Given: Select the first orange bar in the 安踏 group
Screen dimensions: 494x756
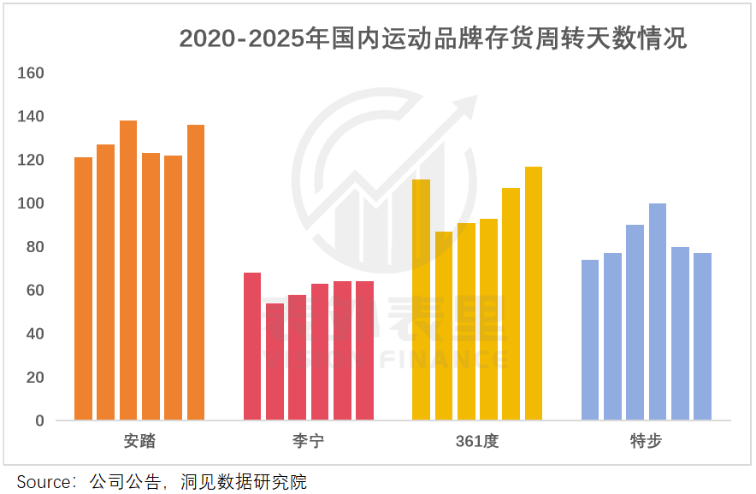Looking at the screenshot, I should [x=83, y=289].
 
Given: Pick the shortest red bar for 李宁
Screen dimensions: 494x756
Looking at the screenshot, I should [x=275, y=362].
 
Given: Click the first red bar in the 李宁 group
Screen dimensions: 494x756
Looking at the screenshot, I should [x=252, y=346].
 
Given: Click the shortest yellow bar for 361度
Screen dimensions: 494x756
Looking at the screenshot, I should [x=444, y=326].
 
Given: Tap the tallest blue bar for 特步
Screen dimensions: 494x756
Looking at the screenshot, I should [x=658, y=312].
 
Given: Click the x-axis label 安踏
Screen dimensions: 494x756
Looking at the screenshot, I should [x=139, y=442].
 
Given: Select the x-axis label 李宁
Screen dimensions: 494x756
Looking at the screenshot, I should [x=308, y=442].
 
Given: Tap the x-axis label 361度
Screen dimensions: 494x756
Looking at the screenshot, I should [x=476, y=442].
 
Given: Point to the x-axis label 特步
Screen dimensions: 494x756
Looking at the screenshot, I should [x=646, y=442].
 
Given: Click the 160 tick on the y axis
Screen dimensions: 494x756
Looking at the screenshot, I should [x=31, y=74].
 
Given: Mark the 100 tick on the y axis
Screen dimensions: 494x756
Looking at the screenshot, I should [x=31, y=203].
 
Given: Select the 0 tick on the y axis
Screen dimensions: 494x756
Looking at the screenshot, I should [x=39, y=420].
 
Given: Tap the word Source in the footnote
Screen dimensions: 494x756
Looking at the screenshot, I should [x=45, y=482].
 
